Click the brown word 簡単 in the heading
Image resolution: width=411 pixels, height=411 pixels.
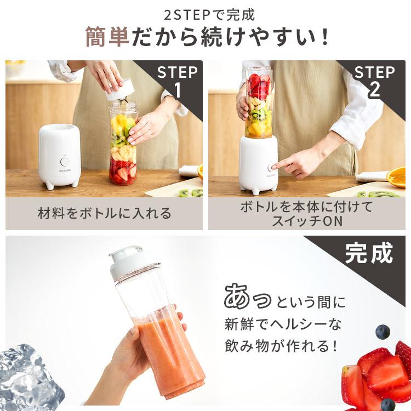point(107,36)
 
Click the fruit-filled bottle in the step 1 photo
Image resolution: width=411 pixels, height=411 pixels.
point(122,145)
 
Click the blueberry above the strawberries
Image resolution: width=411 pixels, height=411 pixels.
point(383,332)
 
